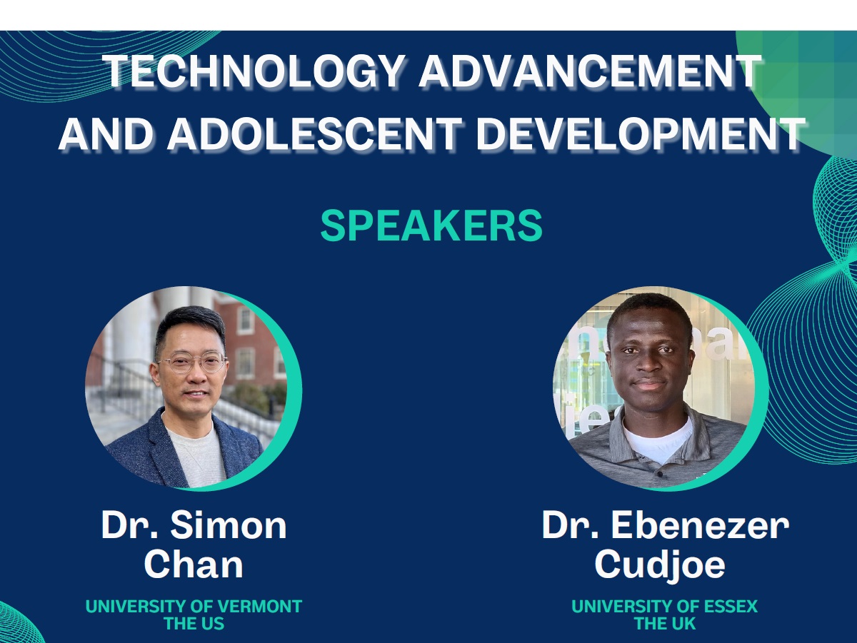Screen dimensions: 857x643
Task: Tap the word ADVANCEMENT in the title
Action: [591, 71]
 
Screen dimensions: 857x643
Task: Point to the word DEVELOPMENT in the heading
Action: [641, 134]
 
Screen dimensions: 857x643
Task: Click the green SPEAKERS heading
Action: [431, 226]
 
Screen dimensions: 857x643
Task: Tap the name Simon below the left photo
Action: [229, 525]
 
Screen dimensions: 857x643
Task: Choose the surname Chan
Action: [194, 564]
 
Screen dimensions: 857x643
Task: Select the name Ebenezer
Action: [700, 525]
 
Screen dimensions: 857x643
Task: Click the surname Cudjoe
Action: [659, 565]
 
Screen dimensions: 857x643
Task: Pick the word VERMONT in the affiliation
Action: [260, 607]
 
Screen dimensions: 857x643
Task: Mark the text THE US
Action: [194, 624]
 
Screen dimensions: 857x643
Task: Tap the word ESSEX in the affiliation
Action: [731, 607]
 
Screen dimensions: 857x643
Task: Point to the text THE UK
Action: [664, 624]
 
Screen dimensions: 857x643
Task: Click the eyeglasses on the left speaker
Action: [193, 363]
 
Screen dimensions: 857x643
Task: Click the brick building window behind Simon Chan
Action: [245, 320]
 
